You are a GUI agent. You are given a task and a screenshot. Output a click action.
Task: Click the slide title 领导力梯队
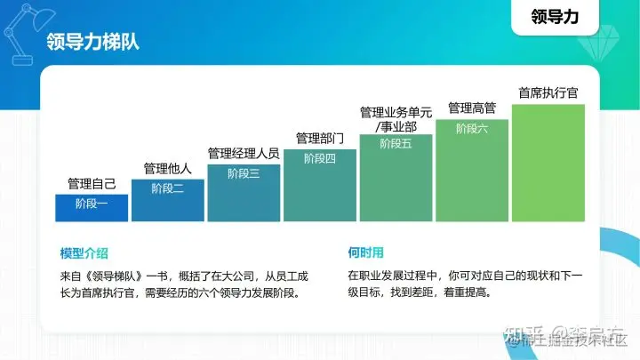tap(92, 43)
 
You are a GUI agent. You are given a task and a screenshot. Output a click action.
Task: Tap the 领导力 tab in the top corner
tap(561, 16)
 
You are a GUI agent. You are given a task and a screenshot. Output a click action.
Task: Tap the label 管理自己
tap(92, 185)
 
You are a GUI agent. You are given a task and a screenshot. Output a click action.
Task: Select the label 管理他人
tap(167, 169)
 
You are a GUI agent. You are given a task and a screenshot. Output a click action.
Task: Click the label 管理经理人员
tap(243, 154)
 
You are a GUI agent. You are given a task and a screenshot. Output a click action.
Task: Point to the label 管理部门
tap(319, 139)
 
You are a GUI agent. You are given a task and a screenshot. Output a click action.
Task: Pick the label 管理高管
tap(472, 108)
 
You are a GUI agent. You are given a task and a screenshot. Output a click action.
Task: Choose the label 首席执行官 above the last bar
tap(548, 92)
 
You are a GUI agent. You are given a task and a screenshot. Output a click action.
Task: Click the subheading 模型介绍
tap(84, 253)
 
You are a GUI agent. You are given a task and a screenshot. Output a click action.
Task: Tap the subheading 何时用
tap(365, 253)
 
